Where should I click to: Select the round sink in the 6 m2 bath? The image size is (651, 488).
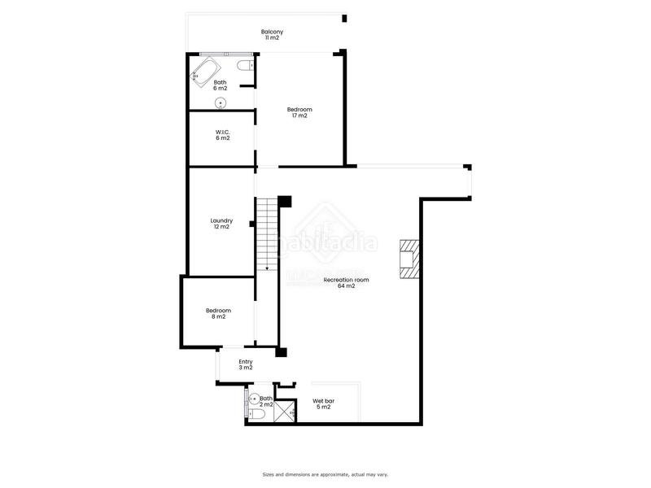220,102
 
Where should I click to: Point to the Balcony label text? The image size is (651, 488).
273,32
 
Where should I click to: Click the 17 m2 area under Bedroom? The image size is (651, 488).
299,115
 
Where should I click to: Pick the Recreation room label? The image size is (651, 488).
346,280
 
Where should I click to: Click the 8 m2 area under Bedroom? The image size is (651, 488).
218,316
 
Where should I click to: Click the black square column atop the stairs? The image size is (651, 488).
285,201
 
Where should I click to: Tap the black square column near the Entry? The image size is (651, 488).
282,351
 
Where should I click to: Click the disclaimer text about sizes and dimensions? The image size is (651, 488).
325,474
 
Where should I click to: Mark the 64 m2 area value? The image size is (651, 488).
346,286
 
